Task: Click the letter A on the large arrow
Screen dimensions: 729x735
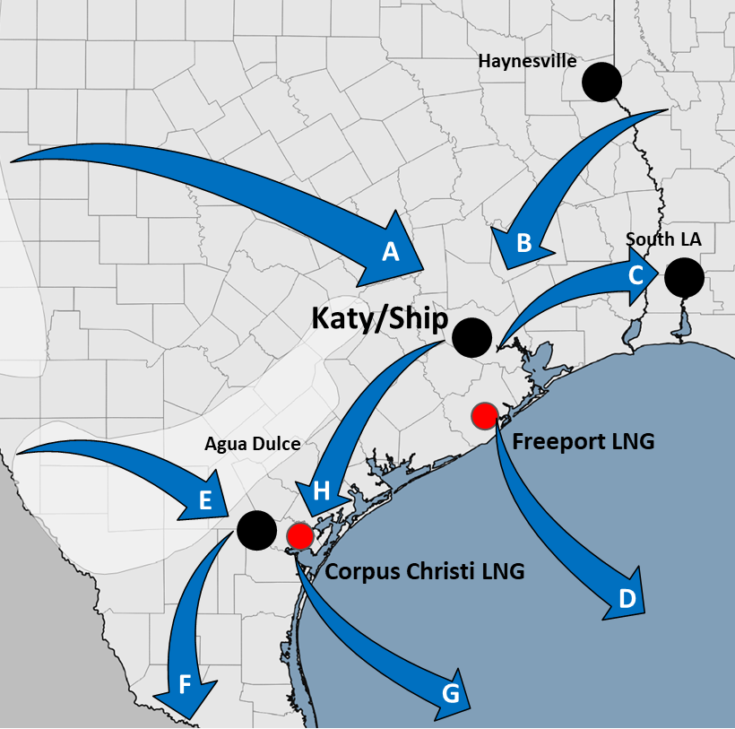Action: (390, 252)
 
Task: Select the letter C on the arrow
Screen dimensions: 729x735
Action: (636, 274)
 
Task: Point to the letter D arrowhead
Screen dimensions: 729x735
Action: (627, 598)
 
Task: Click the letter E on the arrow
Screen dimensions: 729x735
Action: (205, 501)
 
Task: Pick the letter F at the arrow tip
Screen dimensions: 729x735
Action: (185, 686)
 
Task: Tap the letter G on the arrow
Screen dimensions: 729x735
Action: (451, 692)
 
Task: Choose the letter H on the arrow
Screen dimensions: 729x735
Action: (322, 490)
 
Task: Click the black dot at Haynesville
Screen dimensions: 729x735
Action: (601, 82)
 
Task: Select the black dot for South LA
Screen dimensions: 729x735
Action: (684, 277)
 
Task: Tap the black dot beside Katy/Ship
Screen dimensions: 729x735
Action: (471, 337)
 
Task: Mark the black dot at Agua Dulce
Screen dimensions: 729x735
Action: (256, 529)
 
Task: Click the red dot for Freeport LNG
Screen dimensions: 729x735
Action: (484, 415)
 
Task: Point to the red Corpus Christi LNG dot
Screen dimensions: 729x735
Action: (300, 535)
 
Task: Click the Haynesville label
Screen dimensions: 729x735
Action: (527, 61)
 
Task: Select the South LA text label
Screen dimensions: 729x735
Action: (662, 239)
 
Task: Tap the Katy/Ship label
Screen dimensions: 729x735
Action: (379, 317)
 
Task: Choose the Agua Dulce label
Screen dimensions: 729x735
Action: (252, 444)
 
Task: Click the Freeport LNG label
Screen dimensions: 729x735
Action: (584, 441)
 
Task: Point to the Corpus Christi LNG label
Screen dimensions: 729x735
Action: (425, 571)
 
